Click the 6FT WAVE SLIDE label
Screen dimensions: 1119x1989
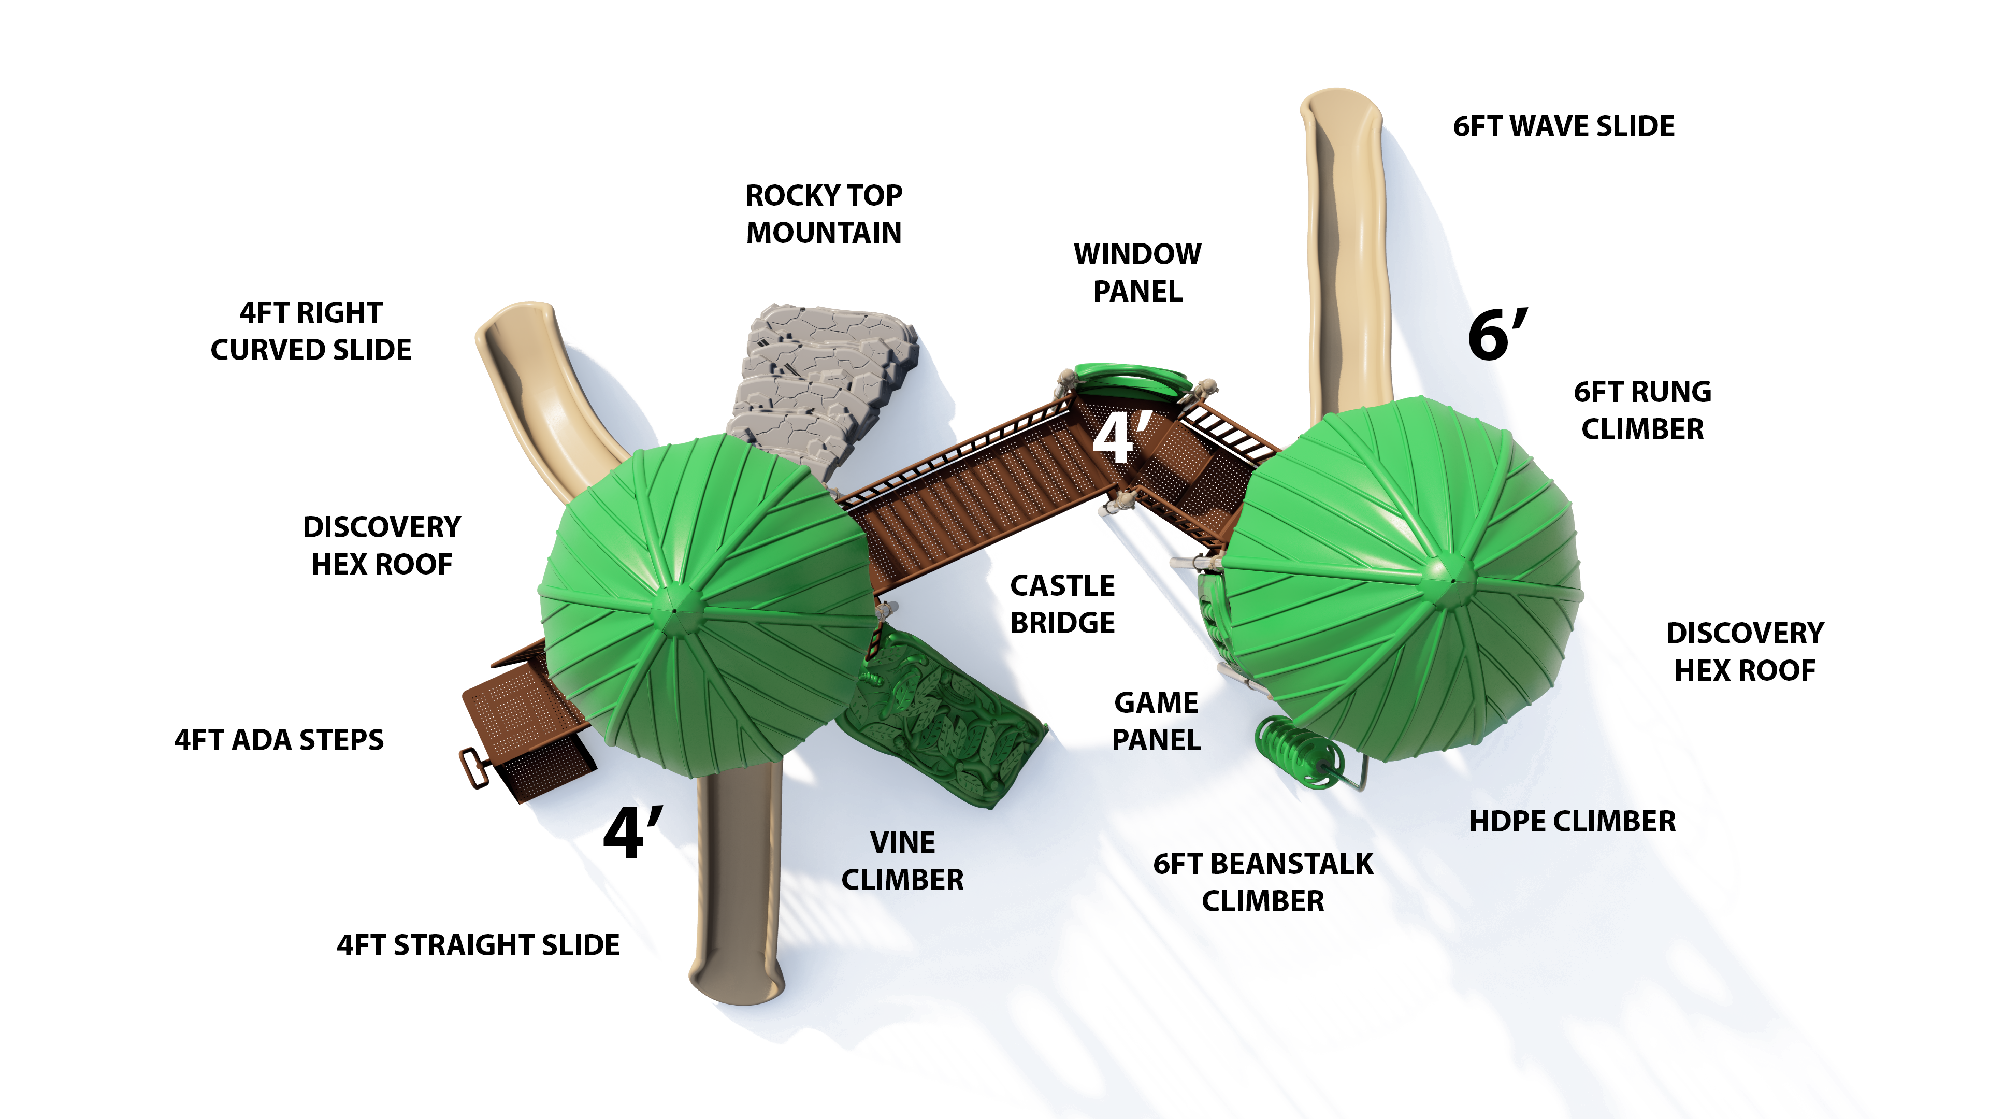[1564, 126]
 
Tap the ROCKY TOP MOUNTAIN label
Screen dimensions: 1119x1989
[824, 214]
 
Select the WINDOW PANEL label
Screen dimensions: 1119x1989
[1137, 272]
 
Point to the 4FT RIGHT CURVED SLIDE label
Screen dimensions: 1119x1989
[311, 332]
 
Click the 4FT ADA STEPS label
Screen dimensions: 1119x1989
[279, 740]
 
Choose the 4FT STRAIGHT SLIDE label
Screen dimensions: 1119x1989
[478, 945]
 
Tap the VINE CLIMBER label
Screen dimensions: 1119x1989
[903, 861]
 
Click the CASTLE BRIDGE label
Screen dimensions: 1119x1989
[1062, 604]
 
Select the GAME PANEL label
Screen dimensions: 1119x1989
[1156, 721]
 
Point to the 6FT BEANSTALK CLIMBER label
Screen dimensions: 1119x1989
[1263, 882]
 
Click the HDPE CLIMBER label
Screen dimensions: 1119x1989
[1572, 822]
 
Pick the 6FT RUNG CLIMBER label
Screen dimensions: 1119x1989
[1642, 410]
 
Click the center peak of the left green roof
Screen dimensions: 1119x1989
[674, 610]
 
